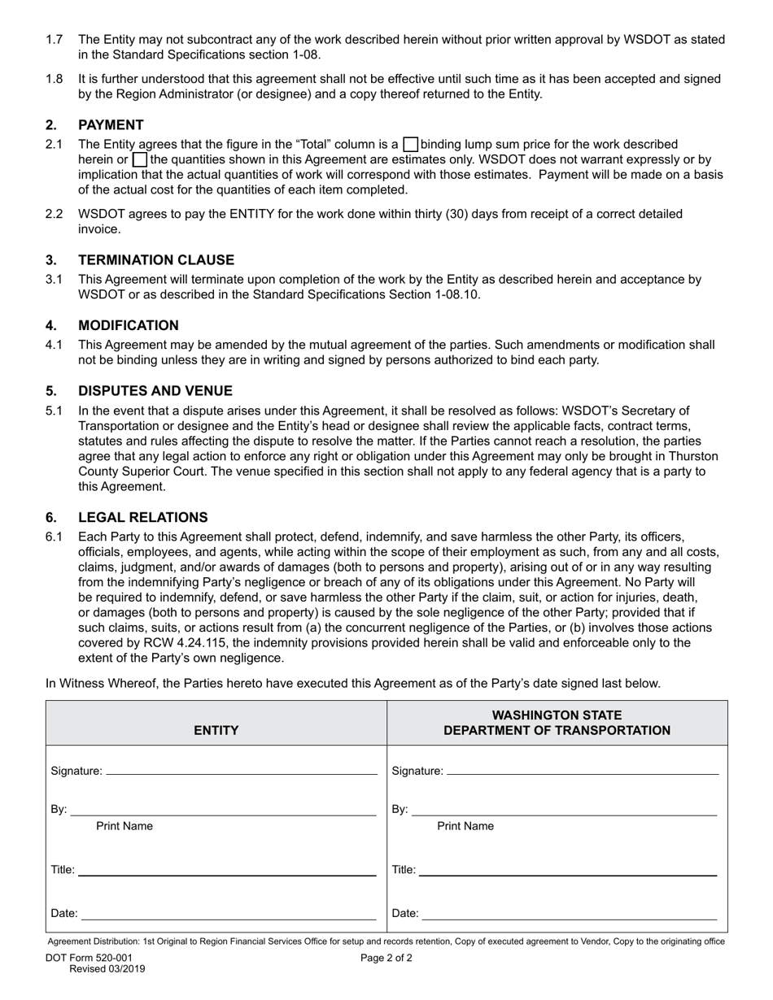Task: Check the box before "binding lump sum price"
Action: (x=411, y=145)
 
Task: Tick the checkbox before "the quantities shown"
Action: (x=139, y=159)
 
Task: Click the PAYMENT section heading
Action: (x=111, y=124)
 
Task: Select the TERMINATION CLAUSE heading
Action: (x=155, y=260)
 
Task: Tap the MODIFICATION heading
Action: (x=128, y=325)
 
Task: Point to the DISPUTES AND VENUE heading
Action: (x=155, y=391)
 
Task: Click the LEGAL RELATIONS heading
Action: (x=142, y=518)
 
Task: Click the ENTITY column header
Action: (x=216, y=730)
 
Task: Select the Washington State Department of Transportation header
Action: (x=557, y=723)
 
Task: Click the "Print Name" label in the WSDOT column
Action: (x=465, y=827)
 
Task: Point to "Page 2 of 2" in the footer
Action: (x=386, y=958)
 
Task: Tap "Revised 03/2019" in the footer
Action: (x=107, y=969)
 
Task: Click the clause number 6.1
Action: (x=54, y=537)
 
